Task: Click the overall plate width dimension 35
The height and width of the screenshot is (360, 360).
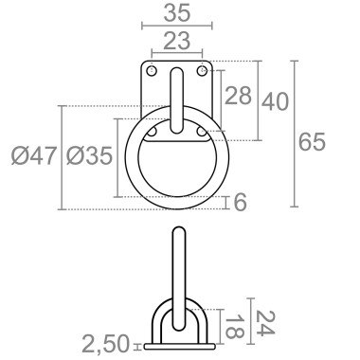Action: (176, 14)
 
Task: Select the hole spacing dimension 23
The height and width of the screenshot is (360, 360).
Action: (176, 41)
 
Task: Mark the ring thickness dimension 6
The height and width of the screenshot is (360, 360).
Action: (239, 203)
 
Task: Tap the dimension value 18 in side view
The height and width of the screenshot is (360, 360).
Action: (231, 327)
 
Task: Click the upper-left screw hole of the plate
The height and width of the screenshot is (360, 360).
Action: (153, 71)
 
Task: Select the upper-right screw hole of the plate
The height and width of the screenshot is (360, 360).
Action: (200, 71)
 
